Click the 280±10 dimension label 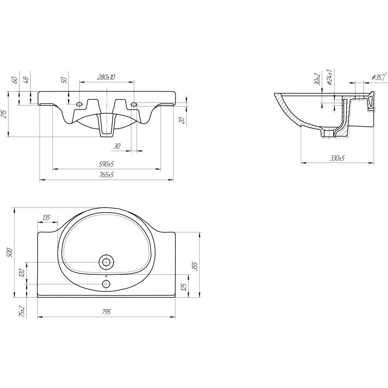tap(106, 77)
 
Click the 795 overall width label tap(106, 312)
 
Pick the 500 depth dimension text tap(10, 252)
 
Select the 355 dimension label tap(195, 266)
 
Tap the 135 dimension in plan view tap(46, 218)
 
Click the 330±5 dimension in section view tap(337, 158)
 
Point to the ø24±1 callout tap(329, 77)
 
